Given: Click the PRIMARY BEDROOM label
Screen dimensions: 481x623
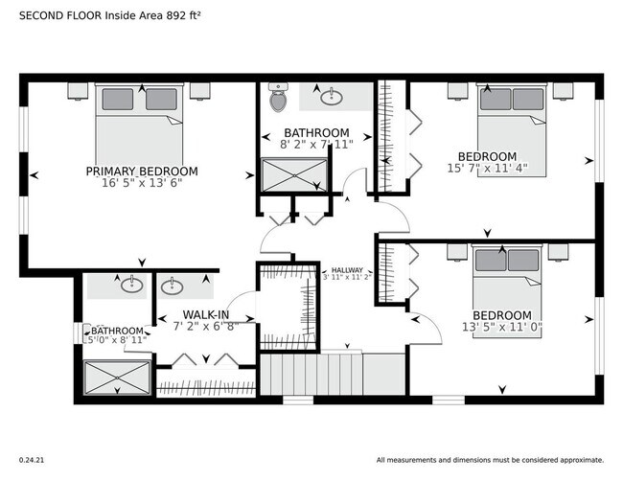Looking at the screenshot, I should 142,172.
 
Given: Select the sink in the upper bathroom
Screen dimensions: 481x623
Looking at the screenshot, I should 332,96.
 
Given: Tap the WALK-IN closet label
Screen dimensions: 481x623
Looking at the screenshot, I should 206,314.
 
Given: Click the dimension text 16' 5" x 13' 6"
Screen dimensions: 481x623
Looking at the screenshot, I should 142,184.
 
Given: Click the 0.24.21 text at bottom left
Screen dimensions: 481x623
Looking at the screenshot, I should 33,459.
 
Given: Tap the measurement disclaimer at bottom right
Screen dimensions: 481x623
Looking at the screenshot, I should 490,459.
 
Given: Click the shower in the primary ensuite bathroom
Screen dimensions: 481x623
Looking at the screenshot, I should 116,377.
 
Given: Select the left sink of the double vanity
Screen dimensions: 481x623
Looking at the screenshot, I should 128,286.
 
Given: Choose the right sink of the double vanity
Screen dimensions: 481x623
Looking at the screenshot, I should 173,286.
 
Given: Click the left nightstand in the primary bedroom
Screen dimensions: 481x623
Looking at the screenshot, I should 79,92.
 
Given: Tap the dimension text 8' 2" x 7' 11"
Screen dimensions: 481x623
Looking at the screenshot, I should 315,145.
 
